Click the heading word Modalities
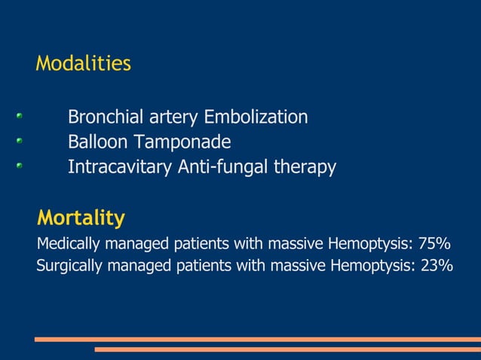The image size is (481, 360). pos(83,64)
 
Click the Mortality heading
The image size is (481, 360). pos(81,218)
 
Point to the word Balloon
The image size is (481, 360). pos(97,142)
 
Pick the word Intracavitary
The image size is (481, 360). pos(119,166)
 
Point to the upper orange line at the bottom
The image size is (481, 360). pos(256,339)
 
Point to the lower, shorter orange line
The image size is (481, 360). pos(286,349)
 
